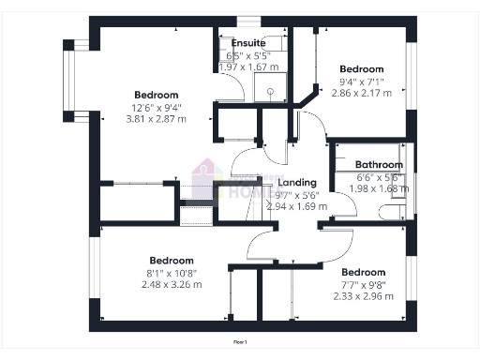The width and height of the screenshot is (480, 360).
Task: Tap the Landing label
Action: pos(298,183)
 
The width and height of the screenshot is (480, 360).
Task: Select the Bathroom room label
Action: pos(380,165)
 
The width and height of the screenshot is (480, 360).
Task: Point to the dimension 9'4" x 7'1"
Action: pos(361,82)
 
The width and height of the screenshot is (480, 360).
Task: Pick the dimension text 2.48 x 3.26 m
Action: pos(172,284)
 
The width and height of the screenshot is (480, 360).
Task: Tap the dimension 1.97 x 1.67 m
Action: pos(248,67)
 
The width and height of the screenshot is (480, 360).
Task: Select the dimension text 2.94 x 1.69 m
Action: pos(297,206)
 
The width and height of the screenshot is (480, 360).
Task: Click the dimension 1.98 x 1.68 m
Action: pos(379,187)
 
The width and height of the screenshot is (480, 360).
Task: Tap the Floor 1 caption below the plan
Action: pos(240,342)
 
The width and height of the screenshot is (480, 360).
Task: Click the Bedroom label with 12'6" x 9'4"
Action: pos(157,96)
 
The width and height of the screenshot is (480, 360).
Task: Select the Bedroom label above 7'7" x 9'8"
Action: pos(365,272)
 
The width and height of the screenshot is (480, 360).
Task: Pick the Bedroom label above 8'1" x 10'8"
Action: pos(172,260)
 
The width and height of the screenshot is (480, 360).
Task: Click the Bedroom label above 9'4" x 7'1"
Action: pos(362,69)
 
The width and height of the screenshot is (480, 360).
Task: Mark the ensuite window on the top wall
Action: pos(248,21)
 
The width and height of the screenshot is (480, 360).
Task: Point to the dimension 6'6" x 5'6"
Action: pos(379,176)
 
